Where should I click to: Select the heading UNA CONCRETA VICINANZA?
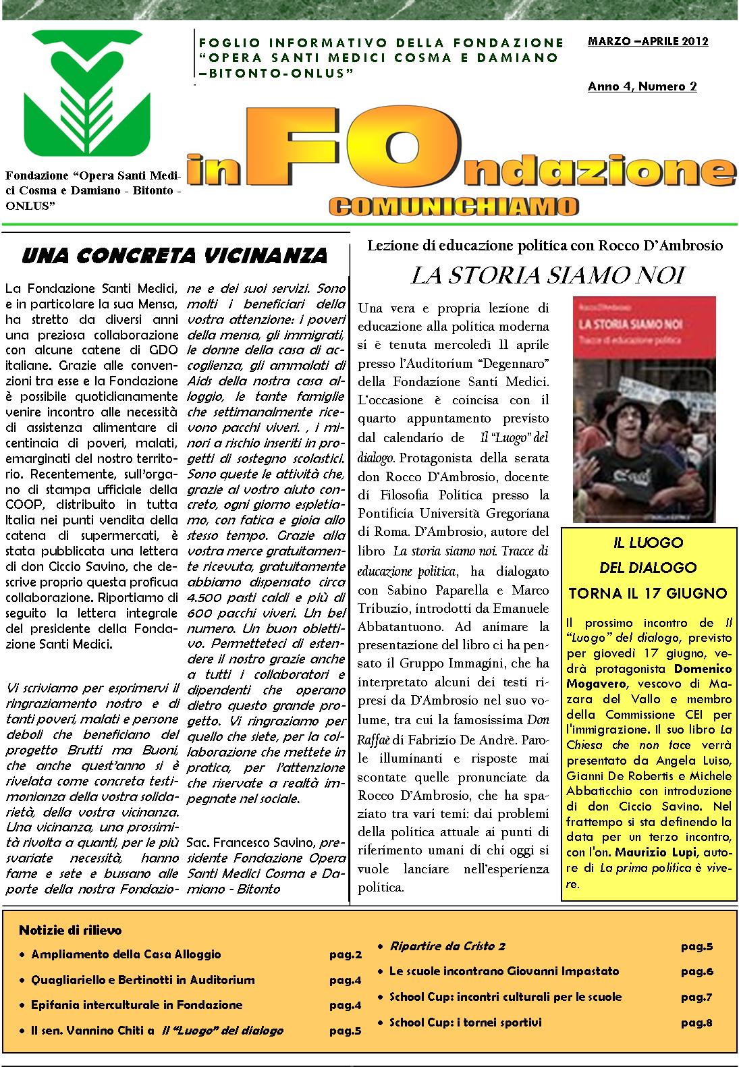coord(175,256)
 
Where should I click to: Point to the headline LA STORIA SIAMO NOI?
coord(548,275)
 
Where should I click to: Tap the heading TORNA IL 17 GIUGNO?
coord(648,593)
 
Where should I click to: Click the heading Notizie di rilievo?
coord(70,931)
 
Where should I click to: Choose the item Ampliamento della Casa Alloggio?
coord(126,955)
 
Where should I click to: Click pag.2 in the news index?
coord(346,955)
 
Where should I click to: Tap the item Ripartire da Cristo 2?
coord(447,946)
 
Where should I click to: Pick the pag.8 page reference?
coord(696,1023)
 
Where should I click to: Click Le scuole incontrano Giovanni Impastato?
coord(503,972)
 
